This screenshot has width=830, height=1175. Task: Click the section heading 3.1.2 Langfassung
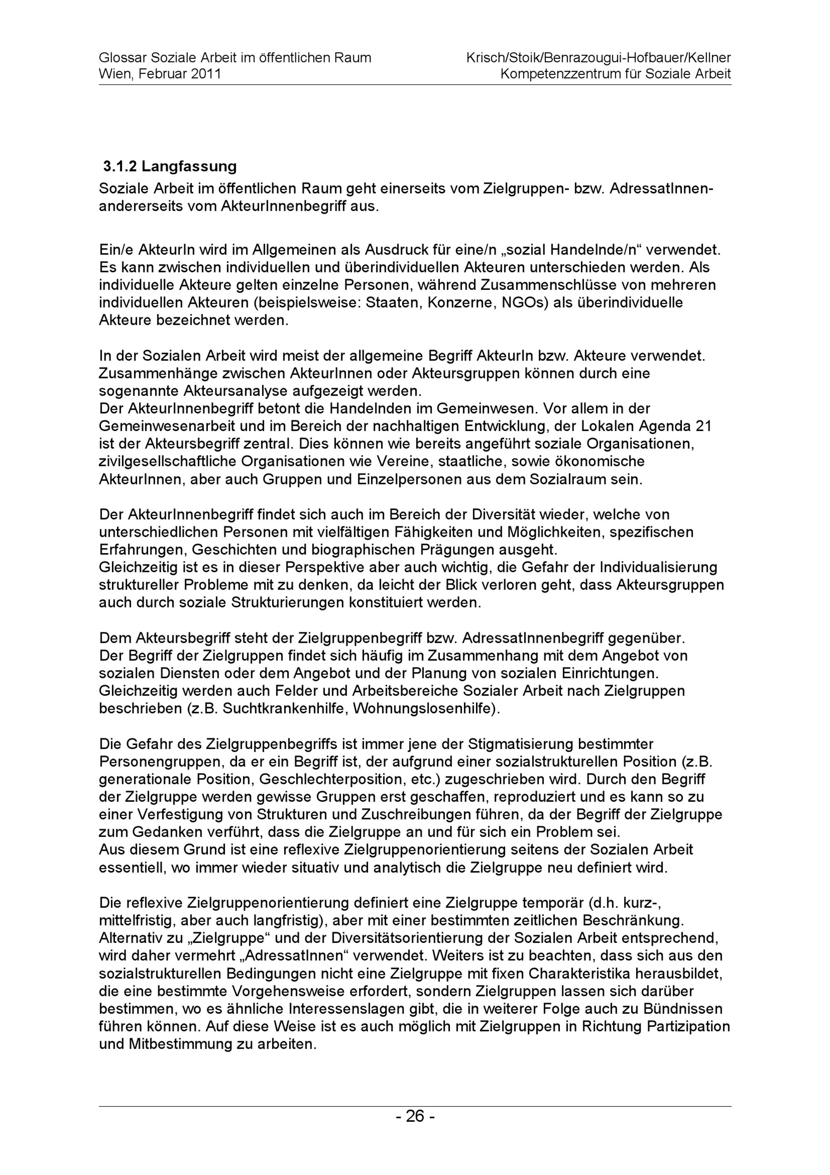[170, 166]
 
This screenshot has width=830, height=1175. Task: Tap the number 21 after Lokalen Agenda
[704, 426]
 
